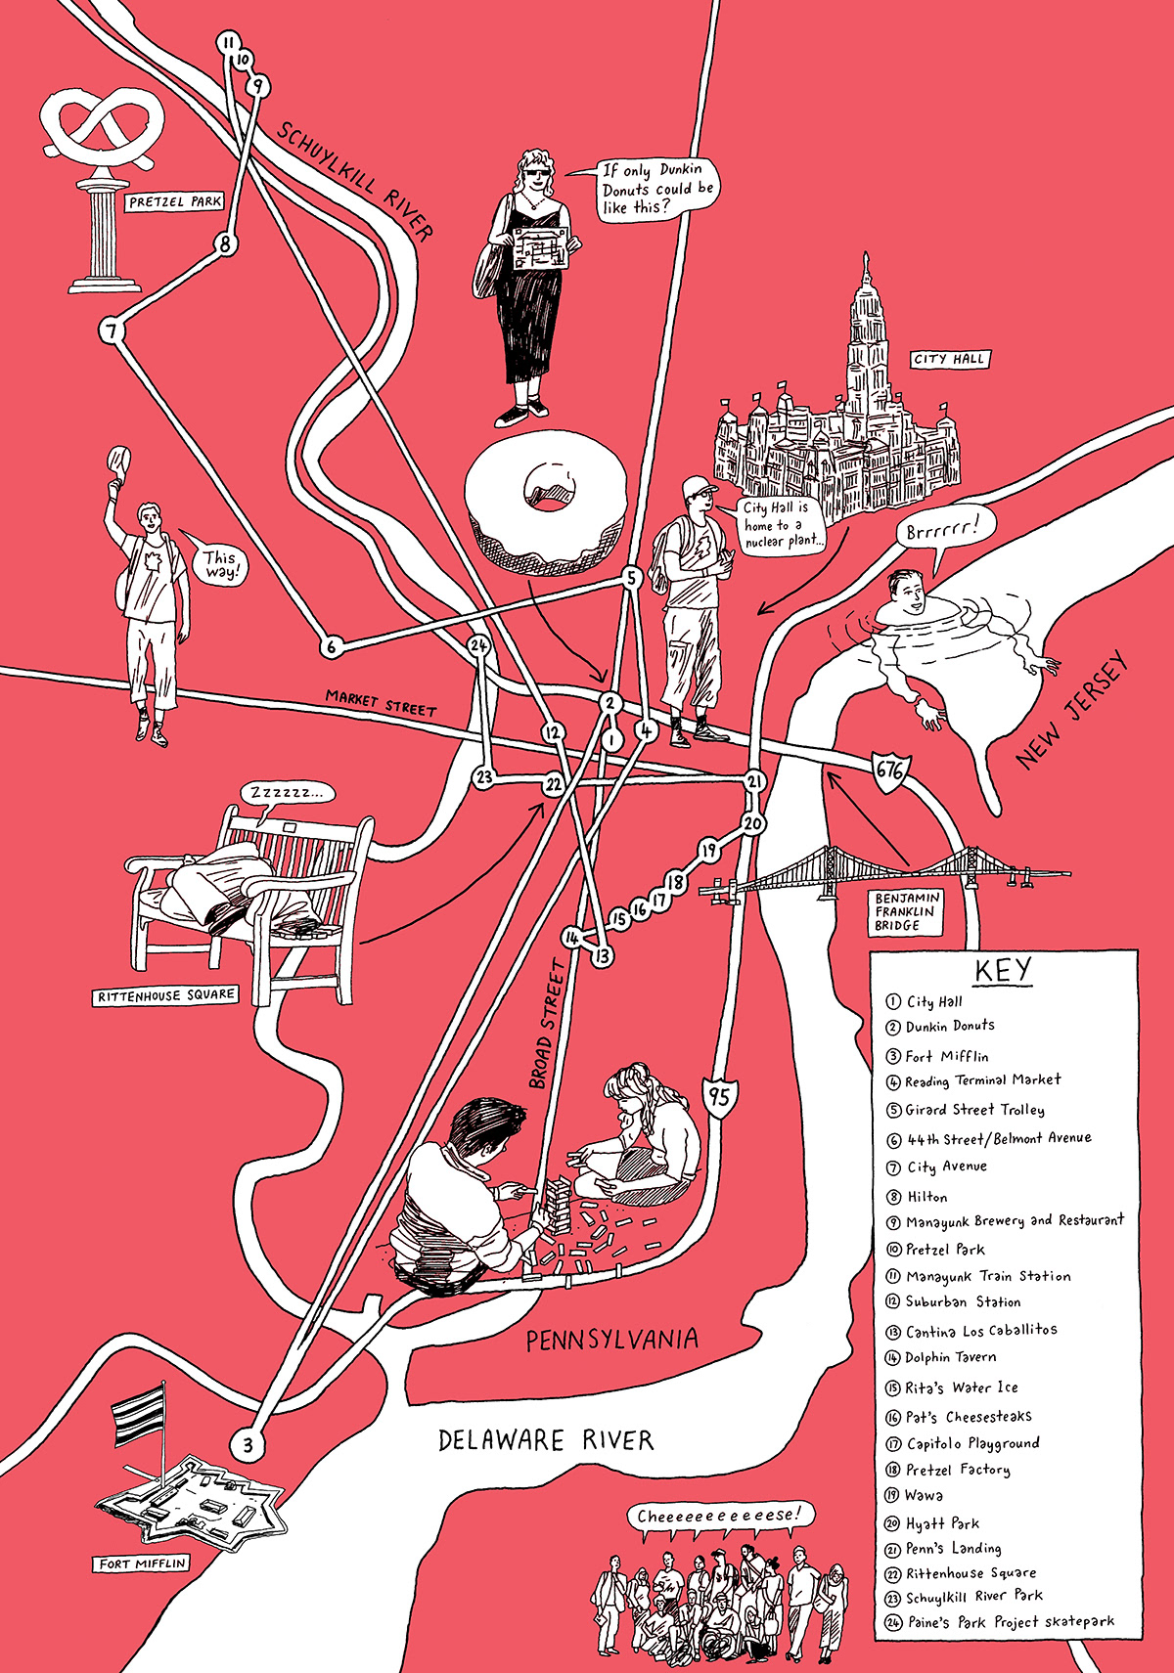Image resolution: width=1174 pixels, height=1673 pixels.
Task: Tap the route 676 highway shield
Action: (x=890, y=769)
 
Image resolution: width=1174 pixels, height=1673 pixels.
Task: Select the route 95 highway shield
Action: (x=719, y=1094)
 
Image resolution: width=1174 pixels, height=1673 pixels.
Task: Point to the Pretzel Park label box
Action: (x=174, y=202)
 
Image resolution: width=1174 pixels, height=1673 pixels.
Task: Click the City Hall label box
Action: (x=948, y=359)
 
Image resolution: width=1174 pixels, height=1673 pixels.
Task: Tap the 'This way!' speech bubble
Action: (x=219, y=564)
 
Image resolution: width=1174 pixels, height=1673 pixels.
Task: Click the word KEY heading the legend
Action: (x=1003, y=970)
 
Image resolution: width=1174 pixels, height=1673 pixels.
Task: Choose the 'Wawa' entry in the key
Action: (x=924, y=1495)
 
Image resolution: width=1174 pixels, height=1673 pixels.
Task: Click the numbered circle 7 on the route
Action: (x=113, y=331)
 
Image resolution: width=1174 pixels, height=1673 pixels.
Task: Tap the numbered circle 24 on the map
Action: (x=478, y=645)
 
